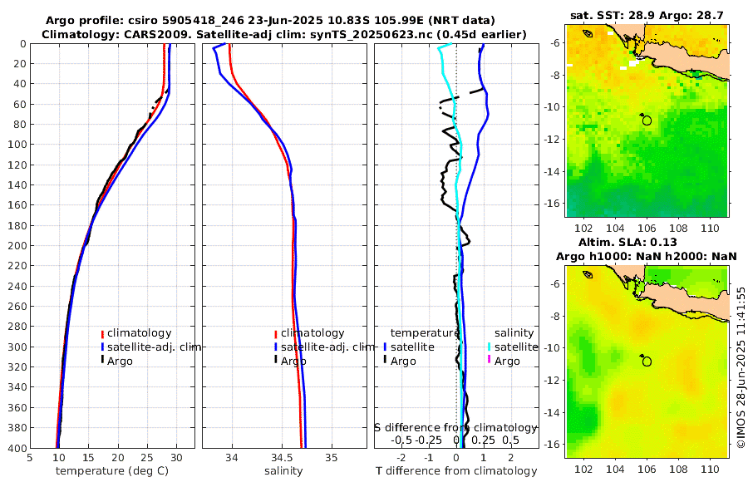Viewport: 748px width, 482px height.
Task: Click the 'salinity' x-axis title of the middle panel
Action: point(283,471)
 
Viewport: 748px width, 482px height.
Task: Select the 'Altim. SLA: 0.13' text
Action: point(647,241)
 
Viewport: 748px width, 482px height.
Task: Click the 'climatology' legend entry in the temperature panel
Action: point(139,333)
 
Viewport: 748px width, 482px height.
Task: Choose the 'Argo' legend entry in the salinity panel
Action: point(293,361)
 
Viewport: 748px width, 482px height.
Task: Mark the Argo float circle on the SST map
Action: point(647,120)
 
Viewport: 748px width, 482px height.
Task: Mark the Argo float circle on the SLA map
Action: point(647,361)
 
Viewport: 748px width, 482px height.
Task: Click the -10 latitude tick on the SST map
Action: point(554,107)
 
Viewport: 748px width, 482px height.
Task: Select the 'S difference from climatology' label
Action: point(455,427)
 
